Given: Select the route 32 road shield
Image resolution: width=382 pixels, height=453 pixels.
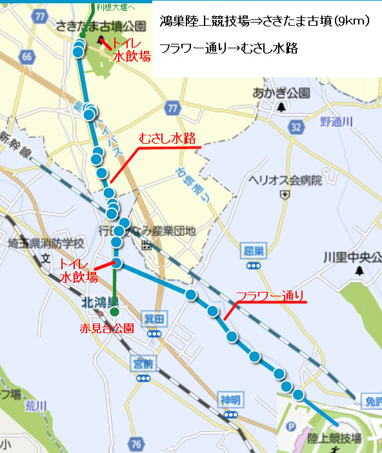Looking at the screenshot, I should pyautogui.click(x=296, y=128).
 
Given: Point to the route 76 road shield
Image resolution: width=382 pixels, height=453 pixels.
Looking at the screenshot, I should pyautogui.click(x=135, y=444).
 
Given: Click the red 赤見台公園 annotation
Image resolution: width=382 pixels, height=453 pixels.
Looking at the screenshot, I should pyautogui.click(x=107, y=328).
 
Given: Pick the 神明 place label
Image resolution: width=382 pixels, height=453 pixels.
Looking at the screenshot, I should pyautogui.click(x=230, y=400).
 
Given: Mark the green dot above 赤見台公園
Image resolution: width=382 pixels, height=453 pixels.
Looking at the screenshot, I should pyautogui.click(x=114, y=312).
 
